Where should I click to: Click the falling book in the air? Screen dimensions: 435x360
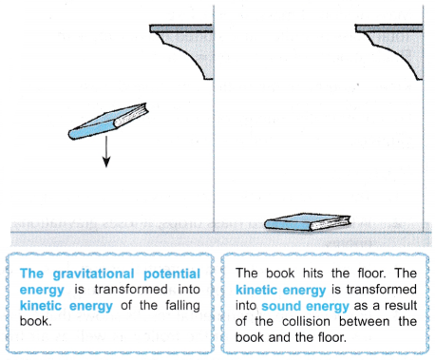(x=107, y=122)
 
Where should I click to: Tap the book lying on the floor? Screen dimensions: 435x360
(x=308, y=222)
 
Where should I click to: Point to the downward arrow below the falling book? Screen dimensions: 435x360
(x=106, y=152)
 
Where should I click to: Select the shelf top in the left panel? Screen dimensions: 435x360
(x=181, y=28)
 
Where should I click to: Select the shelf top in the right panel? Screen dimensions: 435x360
(x=388, y=28)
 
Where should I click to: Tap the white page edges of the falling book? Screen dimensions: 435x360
(x=132, y=116)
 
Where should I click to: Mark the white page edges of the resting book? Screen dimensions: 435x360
(x=330, y=223)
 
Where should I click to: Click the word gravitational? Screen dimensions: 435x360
(x=93, y=275)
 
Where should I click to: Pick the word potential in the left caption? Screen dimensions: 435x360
(x=172, y=275)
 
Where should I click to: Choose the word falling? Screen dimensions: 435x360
(x=182, y=306)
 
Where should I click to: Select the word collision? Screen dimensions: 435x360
(x=306, y=321)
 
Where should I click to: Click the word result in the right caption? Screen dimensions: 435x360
(x=401, y=306)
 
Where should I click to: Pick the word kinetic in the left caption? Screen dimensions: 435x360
(x=41, y=306)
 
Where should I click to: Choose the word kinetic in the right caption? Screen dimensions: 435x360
(x=256, y=290)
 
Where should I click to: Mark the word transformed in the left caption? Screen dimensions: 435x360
(x=131, y=290)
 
